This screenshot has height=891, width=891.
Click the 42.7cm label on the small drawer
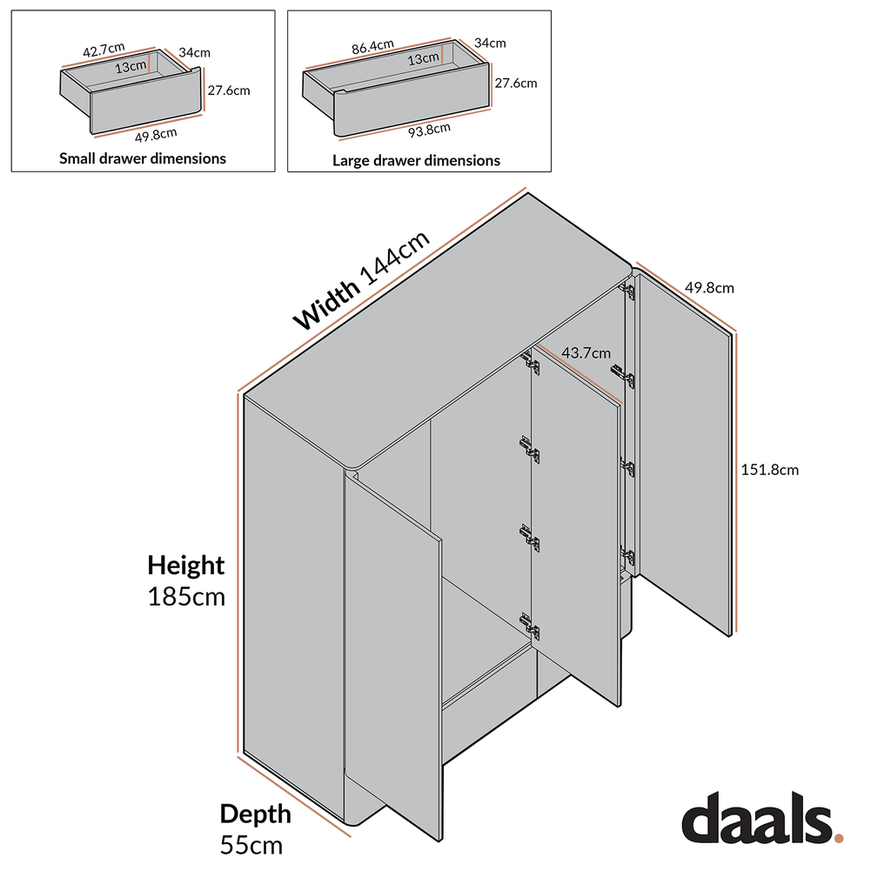[104, 50]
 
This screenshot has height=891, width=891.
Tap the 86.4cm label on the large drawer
[372, 45]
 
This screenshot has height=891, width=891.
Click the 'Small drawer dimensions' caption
[143, 158]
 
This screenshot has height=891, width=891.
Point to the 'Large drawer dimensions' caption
[416, 160]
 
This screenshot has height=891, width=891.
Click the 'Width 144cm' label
[361, 280]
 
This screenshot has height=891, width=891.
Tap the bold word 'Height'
[185, 566]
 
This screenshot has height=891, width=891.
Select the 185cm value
[186, 598]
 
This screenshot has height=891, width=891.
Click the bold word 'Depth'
[255, 814]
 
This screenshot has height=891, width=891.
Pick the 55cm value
[251, 845]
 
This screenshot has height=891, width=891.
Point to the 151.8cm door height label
[769, 470]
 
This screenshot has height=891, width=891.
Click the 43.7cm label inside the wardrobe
[583, 353]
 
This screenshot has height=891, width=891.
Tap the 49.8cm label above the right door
[709, 287]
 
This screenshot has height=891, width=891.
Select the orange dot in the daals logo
[839, 838]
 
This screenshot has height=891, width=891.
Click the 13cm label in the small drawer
[131, 67]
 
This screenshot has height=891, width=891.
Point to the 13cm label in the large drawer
[424, 58]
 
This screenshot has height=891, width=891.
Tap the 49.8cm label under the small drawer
[157, 133]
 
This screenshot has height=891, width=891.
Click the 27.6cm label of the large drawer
[515, 84]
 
